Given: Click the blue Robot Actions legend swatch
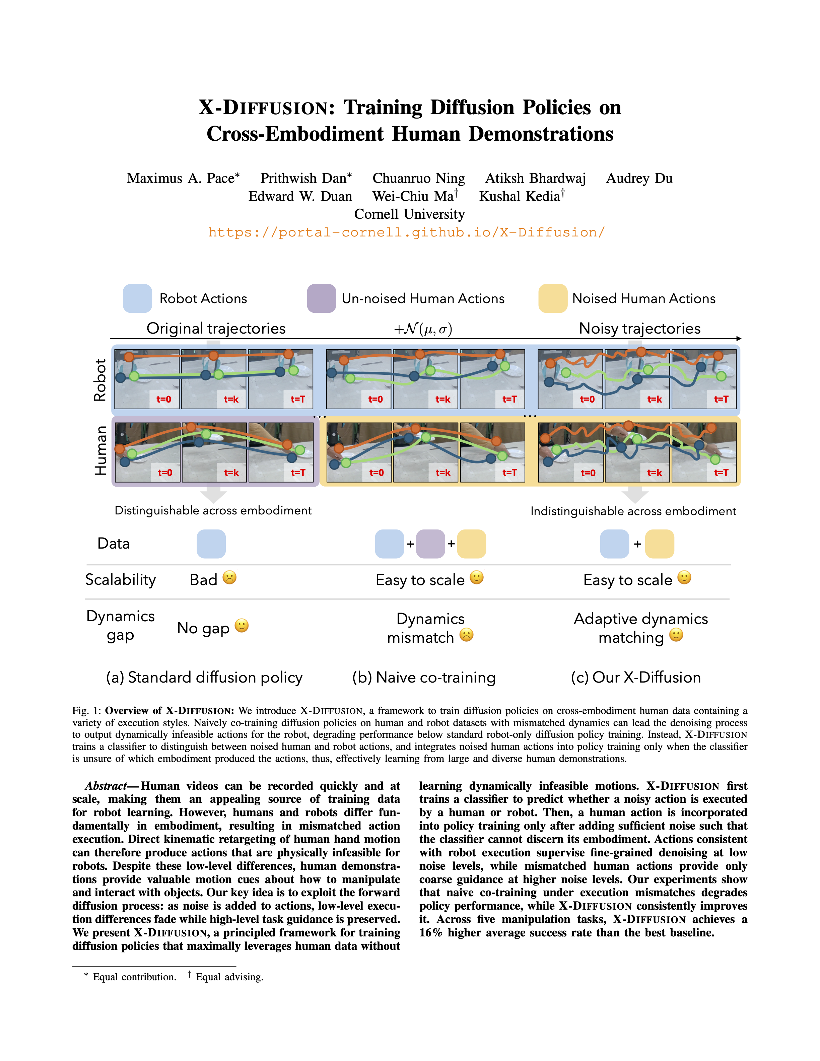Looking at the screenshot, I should pyautogui.click(x=137, y=298).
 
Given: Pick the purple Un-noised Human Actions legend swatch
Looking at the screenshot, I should pyautogui.click(x=321, y=298).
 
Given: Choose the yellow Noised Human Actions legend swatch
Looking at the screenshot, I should pyautogui.click(x=553, y=298).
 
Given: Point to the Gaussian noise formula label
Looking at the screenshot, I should pyautogui.click(x=423, y=329).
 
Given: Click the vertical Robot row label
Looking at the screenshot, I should pyautogui.click(x=100, y=380).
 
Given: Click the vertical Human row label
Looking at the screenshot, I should pyautogui.click(x=100, y=450).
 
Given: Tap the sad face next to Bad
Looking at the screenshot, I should pyautogui.click(x=229, y=578).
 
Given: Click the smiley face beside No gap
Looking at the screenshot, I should pyautogui.click(x=242, y=626).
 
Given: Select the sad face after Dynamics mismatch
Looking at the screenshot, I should pyautogui.click(x=466, y=635).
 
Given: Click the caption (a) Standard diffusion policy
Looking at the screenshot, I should pyautogui.click(x=204, y=677).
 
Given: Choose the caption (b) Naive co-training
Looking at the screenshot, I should pyautogui.click(x=424, y=677).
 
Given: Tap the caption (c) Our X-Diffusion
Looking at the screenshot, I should pyautogui.click(x=635, y=677).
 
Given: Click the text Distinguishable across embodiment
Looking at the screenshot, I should pyautogui.click(x=213, y=511).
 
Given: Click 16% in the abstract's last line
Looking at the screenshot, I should pyautogui.click(x=430, y=933).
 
